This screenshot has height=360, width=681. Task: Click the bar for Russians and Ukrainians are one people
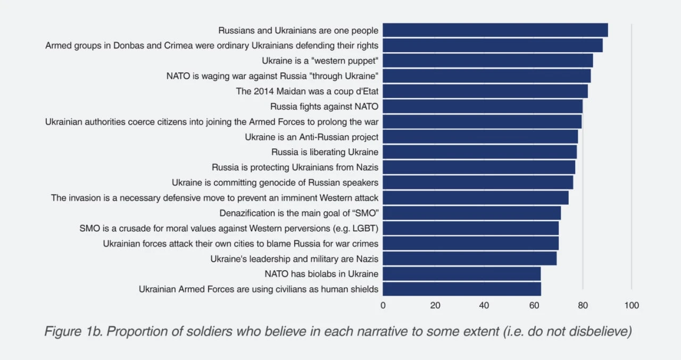pyautogui.click(x=495, y=30)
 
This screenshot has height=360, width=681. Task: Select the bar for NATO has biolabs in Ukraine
pyautogui.click(x=461, y=274)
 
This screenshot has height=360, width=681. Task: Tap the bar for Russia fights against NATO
pyautogui.click(x=483, y=106)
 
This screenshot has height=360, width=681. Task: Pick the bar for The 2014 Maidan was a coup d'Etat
pyautogui.click(x=485, y=91)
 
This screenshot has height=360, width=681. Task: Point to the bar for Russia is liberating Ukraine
pyautogui.click(x=479, y=152)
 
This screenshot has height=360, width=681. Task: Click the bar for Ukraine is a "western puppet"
pyautogui.click(x=487, y=61)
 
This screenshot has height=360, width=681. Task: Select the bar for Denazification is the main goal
pyautogui.click(x=471, y=213)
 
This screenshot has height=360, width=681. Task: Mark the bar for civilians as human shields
pyautogui.click(x=461, y=289)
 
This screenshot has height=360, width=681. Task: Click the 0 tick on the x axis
pyautogui.click(x=383, y=306)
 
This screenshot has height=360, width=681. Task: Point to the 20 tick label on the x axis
pyautogui.click(x=435, y=306)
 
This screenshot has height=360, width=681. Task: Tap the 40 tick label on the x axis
pyautogui.click(x=484, y=306)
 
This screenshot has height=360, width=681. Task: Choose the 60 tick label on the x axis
pyautogui.click(x=534, y=306)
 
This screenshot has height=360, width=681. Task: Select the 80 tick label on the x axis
pyautogui.click(x=583, y=306)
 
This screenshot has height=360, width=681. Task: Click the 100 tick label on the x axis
pyautogui.click(x=632, y=306)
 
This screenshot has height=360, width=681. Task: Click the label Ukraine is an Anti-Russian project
pyautogui.click(x=311, y=137)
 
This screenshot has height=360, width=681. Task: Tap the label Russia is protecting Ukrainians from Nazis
pyautogui.click(x=295, y=168)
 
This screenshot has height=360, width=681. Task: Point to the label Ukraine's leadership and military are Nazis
pyautogui.click(x=294, y=259)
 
